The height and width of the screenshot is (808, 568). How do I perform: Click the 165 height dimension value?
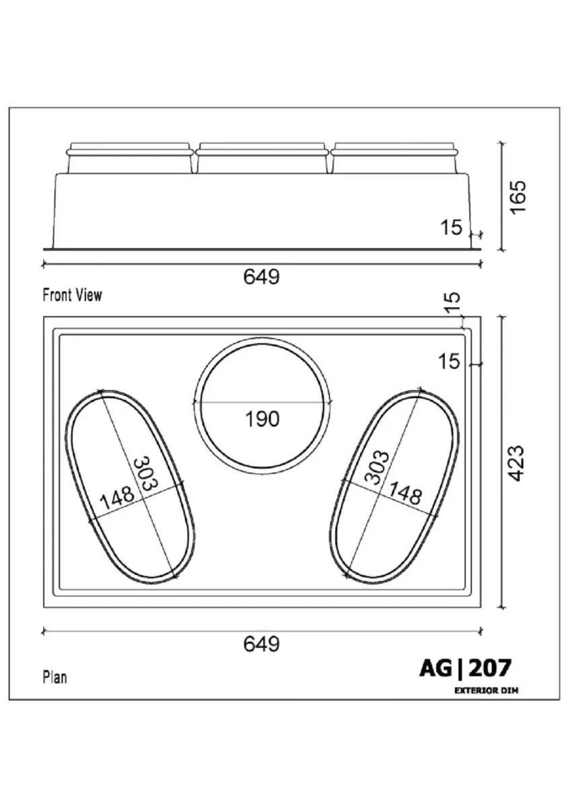click(x=519, y=197)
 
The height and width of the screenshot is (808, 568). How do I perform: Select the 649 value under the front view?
click(x=262, y=277)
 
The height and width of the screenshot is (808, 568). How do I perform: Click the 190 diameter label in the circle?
click(x=262, y=419)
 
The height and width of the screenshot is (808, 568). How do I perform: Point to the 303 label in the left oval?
click(x=145, y=473)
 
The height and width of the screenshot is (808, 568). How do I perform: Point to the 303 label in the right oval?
click(x=377, y=467)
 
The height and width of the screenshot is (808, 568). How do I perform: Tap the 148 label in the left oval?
click(x=116, y=497)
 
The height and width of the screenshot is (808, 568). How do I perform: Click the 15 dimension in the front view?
click(x=451, y=228)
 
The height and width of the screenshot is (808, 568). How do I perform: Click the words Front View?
click(x=72, y=295)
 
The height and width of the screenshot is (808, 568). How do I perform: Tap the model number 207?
click(x=490, y=668)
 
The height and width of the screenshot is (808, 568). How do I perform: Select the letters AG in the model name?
click(x=435, y=668)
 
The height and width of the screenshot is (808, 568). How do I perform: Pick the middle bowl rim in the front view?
click(x=262, y=153)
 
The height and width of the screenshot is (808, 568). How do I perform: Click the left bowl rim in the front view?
click(x=129, y=153)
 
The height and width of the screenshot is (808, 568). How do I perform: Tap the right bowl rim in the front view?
click(x=395, y=153)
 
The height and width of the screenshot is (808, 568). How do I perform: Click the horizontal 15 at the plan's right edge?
click(x=449, y=362)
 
